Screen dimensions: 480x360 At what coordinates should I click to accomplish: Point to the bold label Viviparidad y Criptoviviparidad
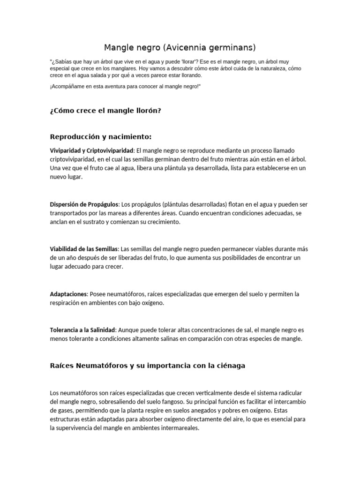(92, 150)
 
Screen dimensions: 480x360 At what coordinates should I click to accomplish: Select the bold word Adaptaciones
(68, 294)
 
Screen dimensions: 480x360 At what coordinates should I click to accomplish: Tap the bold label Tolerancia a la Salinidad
(82, 330)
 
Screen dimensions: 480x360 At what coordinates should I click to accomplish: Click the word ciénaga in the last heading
(230, 366)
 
